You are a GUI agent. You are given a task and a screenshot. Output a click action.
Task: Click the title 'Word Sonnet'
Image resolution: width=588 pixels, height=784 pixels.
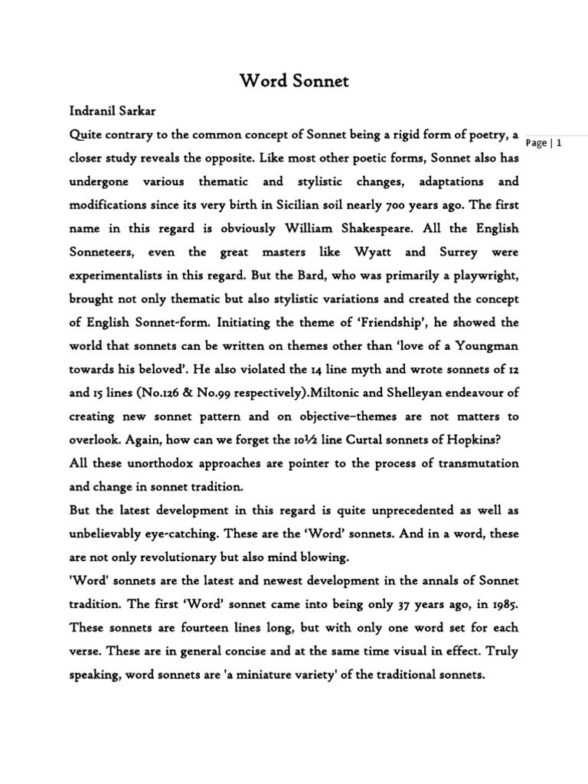pos(294,80)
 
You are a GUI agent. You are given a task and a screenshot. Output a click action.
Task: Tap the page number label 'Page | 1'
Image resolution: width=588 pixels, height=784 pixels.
pos(545,143)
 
